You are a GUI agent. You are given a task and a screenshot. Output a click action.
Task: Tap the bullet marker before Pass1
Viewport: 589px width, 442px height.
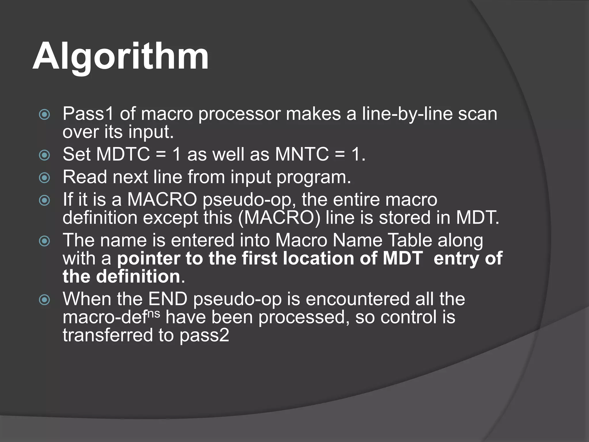click(x=44, y=115)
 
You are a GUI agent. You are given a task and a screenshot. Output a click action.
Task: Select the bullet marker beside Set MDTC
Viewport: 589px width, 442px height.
click(x=44, y=155)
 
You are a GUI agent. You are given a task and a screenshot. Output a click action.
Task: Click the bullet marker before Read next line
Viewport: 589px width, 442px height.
click(x=44, y=178)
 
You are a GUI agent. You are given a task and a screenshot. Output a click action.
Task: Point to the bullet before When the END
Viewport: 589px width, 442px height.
click(x=44, y=300)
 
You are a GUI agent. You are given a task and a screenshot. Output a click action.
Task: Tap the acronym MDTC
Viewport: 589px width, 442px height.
click(x=123, y=154)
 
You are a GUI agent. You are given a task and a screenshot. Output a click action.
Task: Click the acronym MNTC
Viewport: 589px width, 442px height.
click(x=302, y=154)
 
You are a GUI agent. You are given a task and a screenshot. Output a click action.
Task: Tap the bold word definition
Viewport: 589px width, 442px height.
click(x=138, y=277)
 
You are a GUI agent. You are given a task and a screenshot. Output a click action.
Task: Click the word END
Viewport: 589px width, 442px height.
click(x=168, y=299)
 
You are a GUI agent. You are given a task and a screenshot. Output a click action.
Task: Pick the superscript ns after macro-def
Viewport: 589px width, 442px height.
click(x=154, y=313)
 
